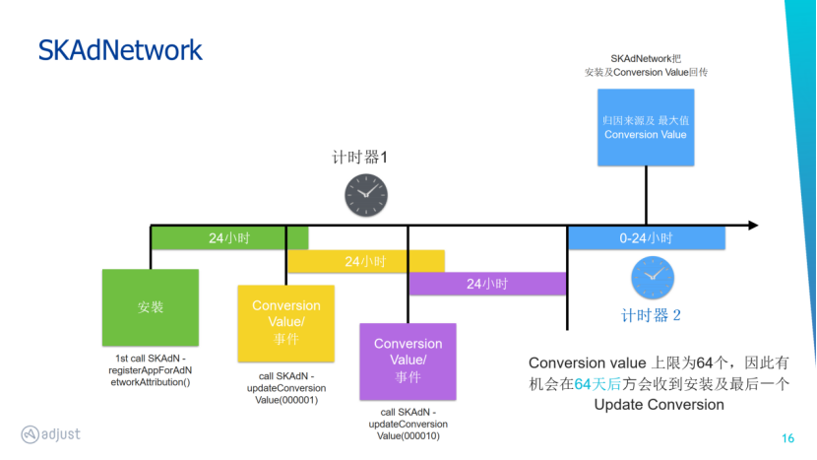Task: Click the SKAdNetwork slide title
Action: [x=120, y=50]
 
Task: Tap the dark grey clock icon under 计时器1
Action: [x=365, y=195]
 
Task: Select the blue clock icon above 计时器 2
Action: [x=652, y=278]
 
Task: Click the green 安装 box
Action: [x=151, y=307]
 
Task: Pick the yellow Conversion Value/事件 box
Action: [x=285, y=322]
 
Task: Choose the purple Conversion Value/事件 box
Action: [x=408, y=360]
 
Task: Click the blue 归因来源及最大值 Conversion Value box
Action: [x=646, y=127]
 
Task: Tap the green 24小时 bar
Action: [x=228, y=238]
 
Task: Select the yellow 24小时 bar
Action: [x=365, y=261]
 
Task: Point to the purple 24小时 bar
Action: [x=487, y=284]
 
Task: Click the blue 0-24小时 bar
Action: [x=646, y=238]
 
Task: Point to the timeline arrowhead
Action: [x=752, y=226]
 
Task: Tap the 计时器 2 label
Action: [x=652, y=315]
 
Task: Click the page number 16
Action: [x=787, y=438]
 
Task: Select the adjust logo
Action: [x=51, y=434]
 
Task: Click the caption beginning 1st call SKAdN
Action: [x=149, y=369]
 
